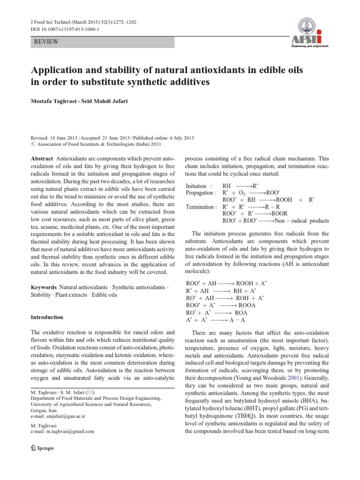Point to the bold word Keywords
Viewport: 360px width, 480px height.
point(45,286)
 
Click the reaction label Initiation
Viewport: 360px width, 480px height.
point(199,186)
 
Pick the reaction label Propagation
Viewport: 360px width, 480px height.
point(201,193)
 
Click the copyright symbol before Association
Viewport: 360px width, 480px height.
point(33,144)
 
